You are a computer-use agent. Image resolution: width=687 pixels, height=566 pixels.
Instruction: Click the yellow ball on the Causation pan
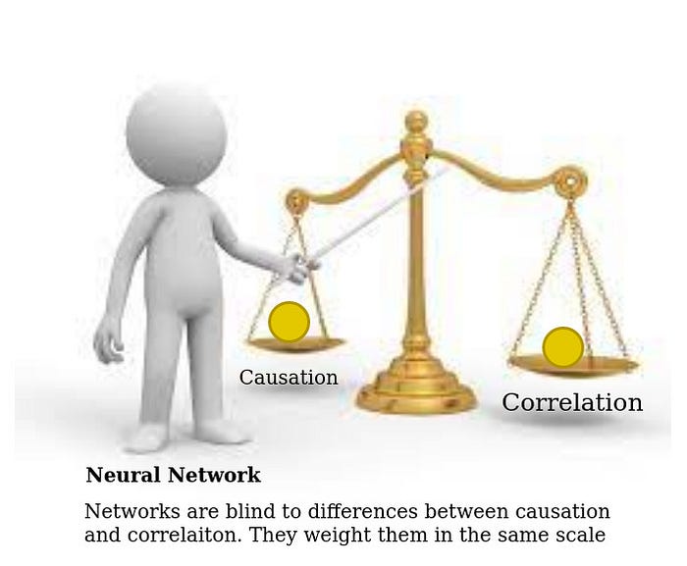pyautogui.click(x=290, y=322)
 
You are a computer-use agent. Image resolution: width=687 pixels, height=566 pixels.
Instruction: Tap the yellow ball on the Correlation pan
pyautogui.click(x=563, y=347)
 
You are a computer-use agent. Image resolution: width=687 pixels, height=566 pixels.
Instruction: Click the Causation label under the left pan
pyautogui.click(x=289, y=378)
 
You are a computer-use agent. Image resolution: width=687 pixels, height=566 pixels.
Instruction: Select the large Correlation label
pyautogui.click(x=572, y=402)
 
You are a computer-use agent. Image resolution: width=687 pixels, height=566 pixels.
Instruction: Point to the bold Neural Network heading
pyautogui.click(x=174, y=475)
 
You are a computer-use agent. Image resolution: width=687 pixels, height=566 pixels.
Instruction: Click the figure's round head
pyautogui.click(x=176, y=134)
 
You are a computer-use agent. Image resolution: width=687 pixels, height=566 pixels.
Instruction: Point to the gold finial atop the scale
pyautogui.click(x=416, y=125)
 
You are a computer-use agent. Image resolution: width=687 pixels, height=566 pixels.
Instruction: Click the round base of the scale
pyautogui.click(x=415, y=394)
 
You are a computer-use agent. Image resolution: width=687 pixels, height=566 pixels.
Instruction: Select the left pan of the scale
pyautogui.click(x=294, y=344)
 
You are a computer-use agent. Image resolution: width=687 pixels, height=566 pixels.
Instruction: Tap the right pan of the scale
pyautogui.click(x=572, y=366)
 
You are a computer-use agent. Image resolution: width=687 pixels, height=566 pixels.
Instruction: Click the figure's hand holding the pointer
pyautogui.click(x=299, y=267)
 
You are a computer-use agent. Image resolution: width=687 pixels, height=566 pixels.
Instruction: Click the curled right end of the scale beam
pyautogui.click(x=571, y=180)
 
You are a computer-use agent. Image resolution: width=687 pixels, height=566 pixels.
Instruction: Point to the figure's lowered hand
pyautogui.click(x=109, y=341)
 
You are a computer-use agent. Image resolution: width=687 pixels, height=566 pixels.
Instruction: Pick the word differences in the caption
pyautogui.click(x=364, y=511)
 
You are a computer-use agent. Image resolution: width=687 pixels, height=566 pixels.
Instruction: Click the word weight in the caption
pyautogui.click(x=339, y=536)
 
